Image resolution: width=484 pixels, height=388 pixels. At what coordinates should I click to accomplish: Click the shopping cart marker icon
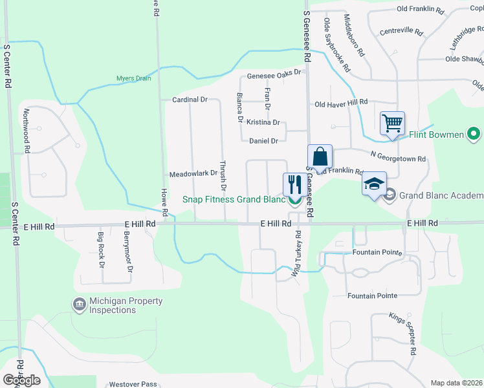click(x=393, y=122)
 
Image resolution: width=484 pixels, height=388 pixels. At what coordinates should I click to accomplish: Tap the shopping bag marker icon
click(x=320, y=156)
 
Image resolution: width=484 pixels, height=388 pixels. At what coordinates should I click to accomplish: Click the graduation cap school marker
click(x=374, y=184)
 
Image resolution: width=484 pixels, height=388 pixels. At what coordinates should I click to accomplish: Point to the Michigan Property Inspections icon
click(x=79, y=304)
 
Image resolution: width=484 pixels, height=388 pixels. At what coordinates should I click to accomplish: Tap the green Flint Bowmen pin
click(x=474, y=135)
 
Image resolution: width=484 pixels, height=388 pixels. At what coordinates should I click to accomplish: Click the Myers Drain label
click(x=133, y=79)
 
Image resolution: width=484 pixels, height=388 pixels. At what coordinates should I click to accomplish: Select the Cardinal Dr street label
click(x=190, y=100)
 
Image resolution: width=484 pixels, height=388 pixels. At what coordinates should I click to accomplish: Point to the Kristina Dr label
click(x=263, y=122)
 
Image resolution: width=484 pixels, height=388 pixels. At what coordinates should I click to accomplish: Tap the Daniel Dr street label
click(x=263, y=140)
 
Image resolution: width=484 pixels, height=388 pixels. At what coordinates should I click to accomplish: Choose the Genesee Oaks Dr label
click(x=274, y=73)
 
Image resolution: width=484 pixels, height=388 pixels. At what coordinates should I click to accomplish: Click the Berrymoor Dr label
click(x=128, y=251)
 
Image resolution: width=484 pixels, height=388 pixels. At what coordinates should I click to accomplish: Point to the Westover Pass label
click(x=133, y=384)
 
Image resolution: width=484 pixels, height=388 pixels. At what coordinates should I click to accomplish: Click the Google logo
click(x=21, y=380)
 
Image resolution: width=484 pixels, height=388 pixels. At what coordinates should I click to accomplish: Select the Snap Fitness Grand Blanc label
click(x=234, y=199)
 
